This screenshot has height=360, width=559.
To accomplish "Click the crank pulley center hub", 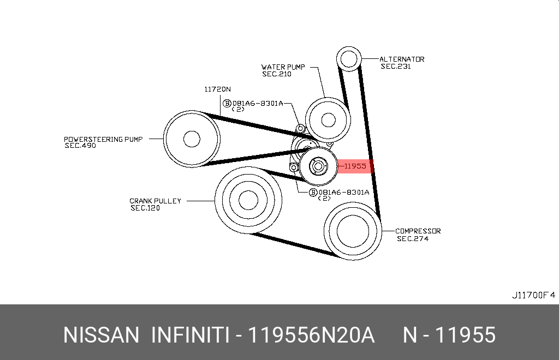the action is point(248,200).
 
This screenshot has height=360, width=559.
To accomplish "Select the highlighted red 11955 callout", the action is point(355,166).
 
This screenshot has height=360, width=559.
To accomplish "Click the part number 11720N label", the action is point(217,89).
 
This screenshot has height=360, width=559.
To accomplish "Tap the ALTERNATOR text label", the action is point(402,59).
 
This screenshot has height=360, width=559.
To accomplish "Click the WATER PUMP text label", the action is point(283,67).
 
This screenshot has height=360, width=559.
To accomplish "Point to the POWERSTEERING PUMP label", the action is point(103,139).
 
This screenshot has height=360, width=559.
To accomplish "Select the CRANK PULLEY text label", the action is point(155,201).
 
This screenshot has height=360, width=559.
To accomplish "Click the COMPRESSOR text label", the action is point(418,231).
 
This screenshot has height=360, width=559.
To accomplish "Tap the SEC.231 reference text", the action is point(396,66).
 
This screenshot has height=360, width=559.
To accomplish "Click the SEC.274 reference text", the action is point(413,238).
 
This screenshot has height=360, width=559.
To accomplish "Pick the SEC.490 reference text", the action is point(80,145).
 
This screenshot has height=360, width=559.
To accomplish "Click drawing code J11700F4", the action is point(533,295).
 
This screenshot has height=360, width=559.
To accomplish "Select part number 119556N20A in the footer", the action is point(311,335).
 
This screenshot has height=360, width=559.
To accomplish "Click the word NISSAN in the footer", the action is point(101,335).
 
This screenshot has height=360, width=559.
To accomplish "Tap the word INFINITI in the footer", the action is point(189,335).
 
